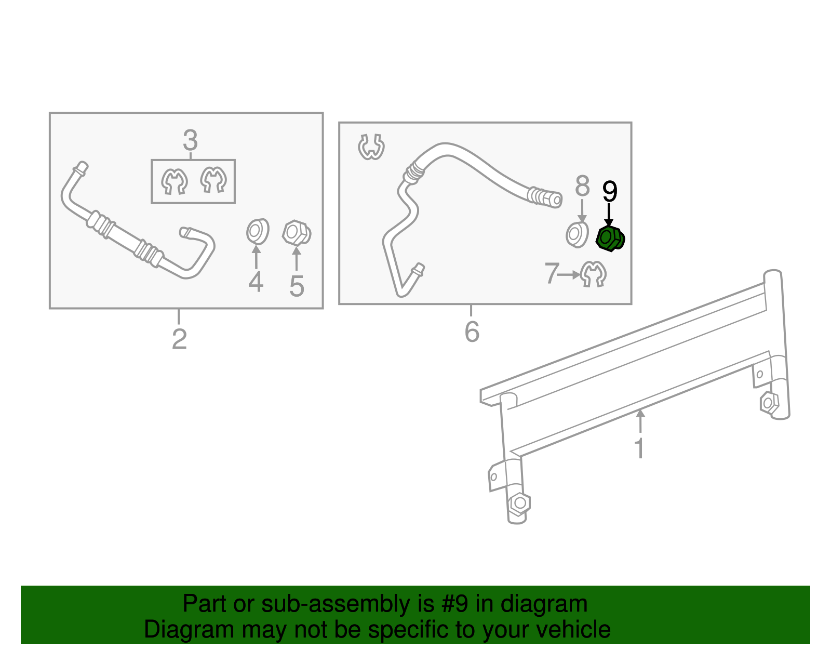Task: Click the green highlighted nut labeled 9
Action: click(609, 239)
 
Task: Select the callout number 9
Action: click(609, 192)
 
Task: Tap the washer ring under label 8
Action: click(577, 234)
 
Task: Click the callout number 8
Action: click(582, 186)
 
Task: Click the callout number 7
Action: click(551, 273)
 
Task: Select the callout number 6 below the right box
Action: click(472, 332)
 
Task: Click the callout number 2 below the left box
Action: click(179, 339)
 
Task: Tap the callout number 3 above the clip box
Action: click(190, 141)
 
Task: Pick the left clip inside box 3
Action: click(174, 181)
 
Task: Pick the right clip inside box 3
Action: click(213, 180)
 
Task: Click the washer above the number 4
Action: click(257, 232)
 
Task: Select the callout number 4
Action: click(256, 283)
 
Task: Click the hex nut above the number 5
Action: click(297, 233)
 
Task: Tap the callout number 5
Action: click(297, 286)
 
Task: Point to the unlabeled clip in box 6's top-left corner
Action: click(371, 147)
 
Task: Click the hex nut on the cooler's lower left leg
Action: click(519, 503)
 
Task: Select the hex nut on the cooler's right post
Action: click(769, 403)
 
